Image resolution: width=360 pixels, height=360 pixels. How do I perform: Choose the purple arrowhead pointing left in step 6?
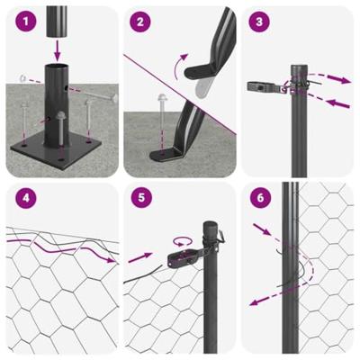255,304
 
